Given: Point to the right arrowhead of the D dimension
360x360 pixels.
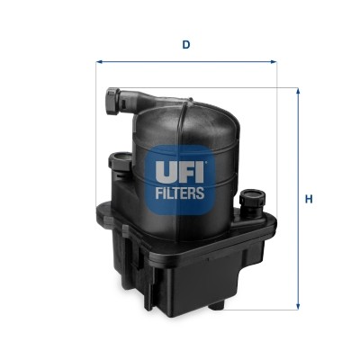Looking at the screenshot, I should click(275, 63).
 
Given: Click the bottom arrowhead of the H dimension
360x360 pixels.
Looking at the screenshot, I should click(299, 307).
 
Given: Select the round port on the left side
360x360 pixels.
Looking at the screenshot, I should click(117, 162).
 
